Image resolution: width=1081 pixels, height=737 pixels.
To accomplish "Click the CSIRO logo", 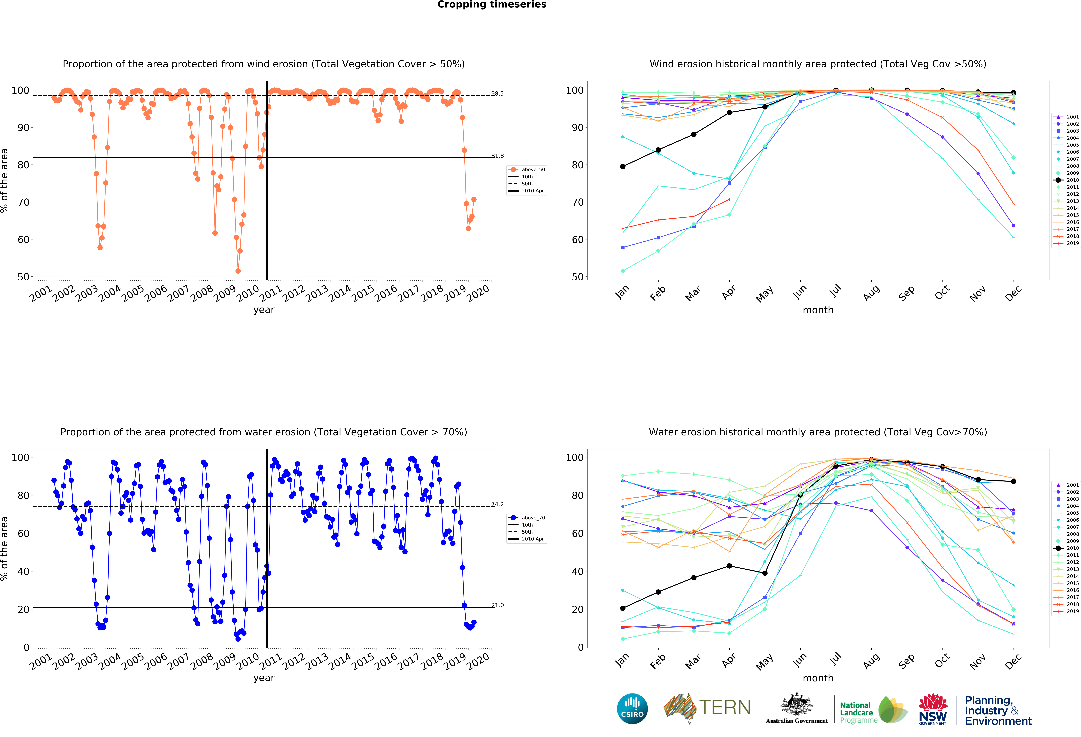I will click(x=632, y=709).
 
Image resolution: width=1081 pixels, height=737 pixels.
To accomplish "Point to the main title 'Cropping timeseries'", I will click(x=492, y=5).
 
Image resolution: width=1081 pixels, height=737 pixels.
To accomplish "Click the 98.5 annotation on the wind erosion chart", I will click(x=497, y=93).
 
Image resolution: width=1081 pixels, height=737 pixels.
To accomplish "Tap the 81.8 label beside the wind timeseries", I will click(x=497, y=156).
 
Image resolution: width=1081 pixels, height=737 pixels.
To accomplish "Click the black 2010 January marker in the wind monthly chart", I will click(x=623, y=167).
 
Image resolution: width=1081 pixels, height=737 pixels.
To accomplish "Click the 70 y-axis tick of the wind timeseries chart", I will click(x=23, y=202).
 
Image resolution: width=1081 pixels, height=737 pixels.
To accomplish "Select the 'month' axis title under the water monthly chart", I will click(x=818, y=678).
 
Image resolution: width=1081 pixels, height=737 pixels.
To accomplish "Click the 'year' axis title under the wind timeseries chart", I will click(x=264, y=310).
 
